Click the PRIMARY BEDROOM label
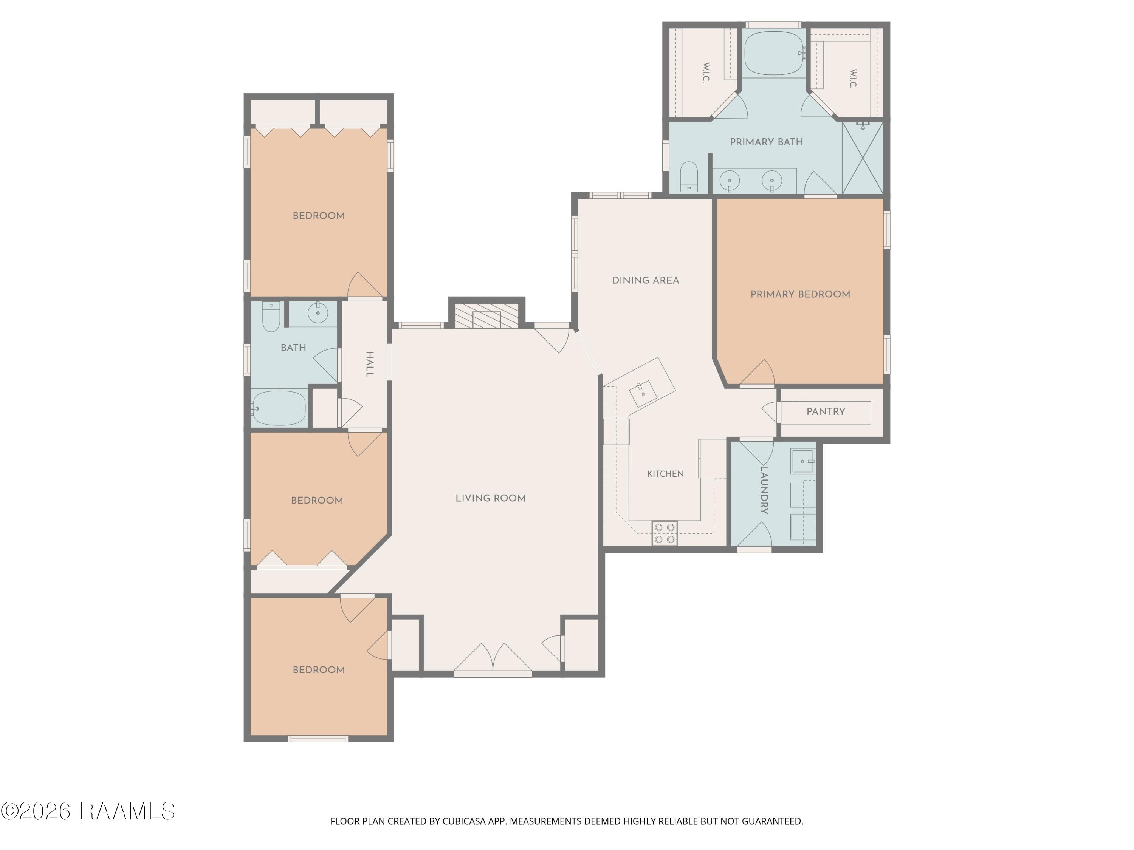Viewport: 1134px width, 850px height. (800, 294)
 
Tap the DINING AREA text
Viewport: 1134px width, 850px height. (646, 280)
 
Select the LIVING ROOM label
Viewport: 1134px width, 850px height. (491, 498)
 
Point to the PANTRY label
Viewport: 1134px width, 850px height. (826, 411)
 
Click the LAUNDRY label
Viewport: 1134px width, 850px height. (764, 490)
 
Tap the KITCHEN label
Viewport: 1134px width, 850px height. (665, 474)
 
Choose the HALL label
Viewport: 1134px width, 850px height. (369, 365)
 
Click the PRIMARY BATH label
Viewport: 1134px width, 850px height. (767, 142)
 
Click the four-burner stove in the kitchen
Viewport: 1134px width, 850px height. (665, 533)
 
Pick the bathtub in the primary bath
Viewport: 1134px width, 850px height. (774, 53)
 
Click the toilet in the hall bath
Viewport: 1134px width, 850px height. (271, 317)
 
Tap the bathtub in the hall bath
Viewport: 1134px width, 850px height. (279, 408)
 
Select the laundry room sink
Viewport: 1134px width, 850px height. (802, 461)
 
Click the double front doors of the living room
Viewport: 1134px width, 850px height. (493, 657)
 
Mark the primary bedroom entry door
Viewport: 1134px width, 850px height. (757, 372)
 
